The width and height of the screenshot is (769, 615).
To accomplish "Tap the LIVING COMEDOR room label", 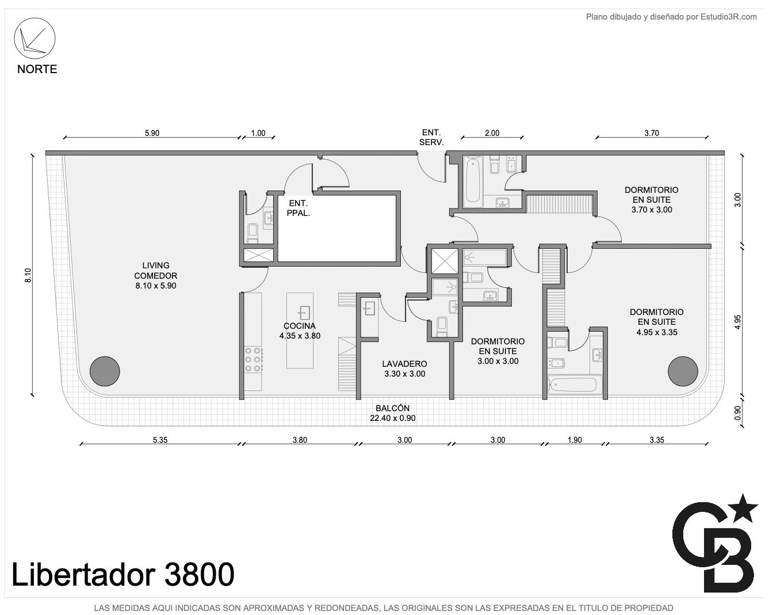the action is (155, 275).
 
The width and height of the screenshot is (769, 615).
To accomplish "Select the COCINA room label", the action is (300, 331).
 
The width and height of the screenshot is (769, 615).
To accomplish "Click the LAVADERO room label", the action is (404, 369).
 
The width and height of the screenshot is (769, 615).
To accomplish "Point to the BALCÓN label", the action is (392, 413).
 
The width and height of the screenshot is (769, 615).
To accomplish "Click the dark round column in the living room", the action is (105, 371).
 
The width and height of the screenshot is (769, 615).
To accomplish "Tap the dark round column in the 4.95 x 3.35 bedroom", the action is (683, 371).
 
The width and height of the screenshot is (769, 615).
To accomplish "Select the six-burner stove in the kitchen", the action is (254, 359).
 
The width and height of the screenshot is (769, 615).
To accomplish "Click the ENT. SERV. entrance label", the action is (431, 138).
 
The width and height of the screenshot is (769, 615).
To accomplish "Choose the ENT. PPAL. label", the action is (298, 208).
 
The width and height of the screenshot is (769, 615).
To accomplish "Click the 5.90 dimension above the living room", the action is (152, 133).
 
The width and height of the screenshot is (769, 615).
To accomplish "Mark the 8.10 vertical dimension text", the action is (28, 275).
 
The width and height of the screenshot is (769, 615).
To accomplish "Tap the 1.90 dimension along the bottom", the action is (575, 440).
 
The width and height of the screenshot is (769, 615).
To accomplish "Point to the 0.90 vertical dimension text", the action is (738, 413).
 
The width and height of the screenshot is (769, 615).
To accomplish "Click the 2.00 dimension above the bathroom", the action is (492, 133).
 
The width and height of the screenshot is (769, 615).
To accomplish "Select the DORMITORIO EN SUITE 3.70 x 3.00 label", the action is (652, 200).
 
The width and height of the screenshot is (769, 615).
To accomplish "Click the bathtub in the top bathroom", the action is (473, 181).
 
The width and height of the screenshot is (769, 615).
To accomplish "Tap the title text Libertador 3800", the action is (123, 574).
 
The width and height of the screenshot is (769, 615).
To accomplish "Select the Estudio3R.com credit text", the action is (671, 17).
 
